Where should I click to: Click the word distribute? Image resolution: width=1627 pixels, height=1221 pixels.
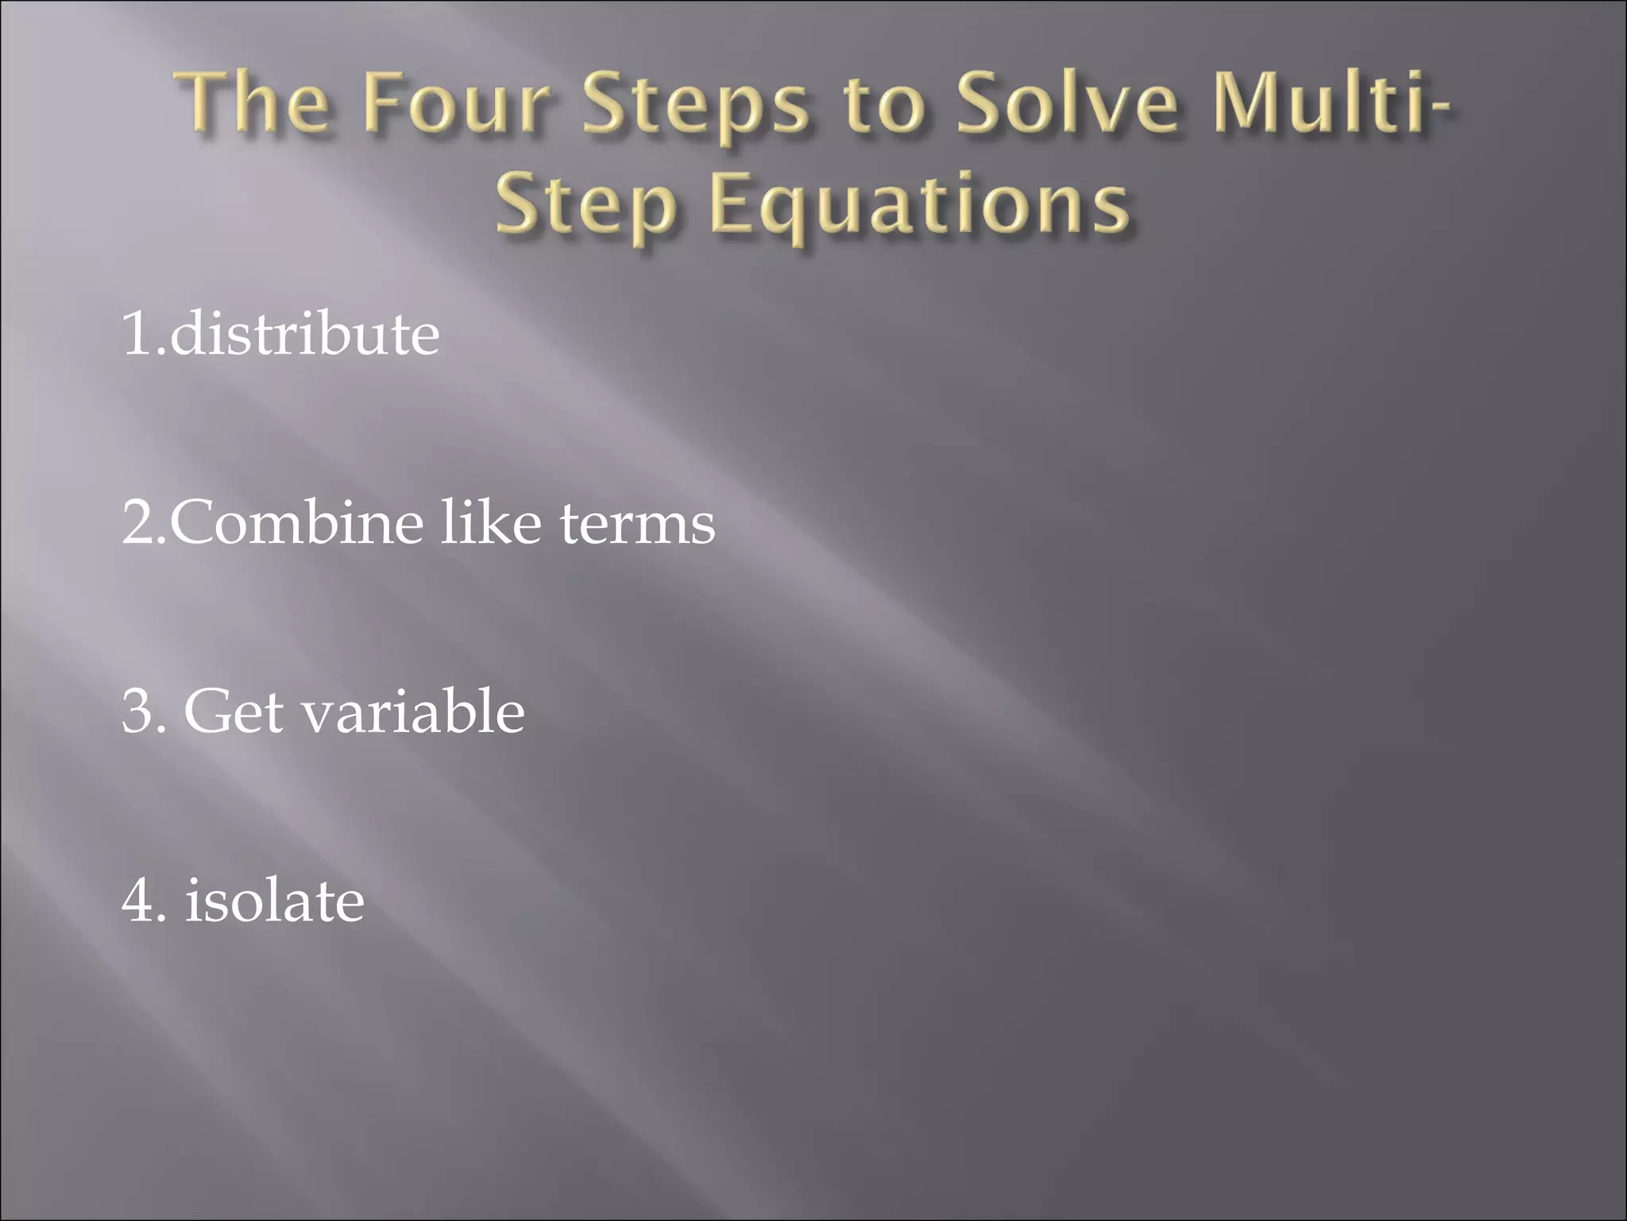tap(305, 334)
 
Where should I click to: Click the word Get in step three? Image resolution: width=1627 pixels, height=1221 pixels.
tap(234, 712)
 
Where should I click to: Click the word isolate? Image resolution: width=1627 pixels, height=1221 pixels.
tap(275, 901)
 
